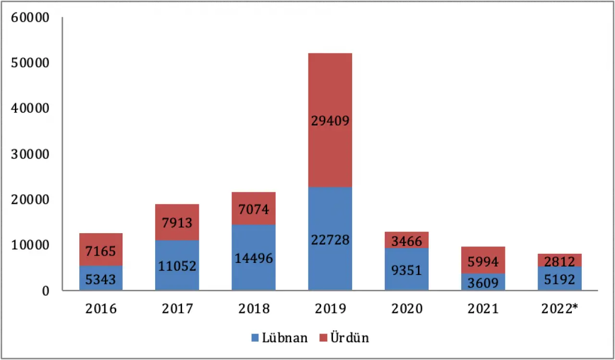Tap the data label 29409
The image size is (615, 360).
point(330,121)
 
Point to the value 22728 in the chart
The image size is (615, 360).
point(330,239)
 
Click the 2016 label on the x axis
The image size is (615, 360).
point(101,309)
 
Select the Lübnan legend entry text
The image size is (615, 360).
point(285,338)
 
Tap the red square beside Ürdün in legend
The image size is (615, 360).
point(323,338)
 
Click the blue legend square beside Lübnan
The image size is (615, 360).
point(255,338)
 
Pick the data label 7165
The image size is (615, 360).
point(101,251)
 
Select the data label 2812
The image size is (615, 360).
point(559,261)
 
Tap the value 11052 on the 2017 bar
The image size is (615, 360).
point(177,265)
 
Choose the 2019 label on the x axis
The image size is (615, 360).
point(330,309)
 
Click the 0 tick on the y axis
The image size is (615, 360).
point(45,291)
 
